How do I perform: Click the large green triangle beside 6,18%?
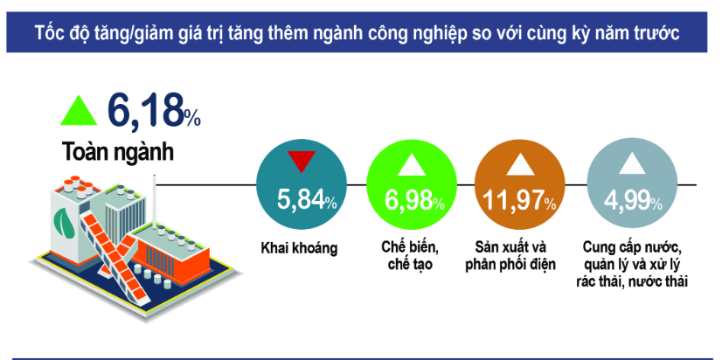[x=79, y=112]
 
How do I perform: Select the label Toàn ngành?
[x=118, y=151]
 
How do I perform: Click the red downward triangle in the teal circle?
[x=302, y=162]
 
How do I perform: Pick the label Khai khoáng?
[x=299, y=249]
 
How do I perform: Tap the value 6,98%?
[x=415, y=200]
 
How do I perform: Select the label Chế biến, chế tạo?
[x=410, y=256]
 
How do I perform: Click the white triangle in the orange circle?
[x=520, y=164]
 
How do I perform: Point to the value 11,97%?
[x=519, y=201]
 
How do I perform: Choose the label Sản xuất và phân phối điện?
[x=511, y=256]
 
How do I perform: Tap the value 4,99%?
[x=633, y=201]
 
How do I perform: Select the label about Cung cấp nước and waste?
[x=632, y=264]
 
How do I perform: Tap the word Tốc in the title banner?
[x=47, y=32]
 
